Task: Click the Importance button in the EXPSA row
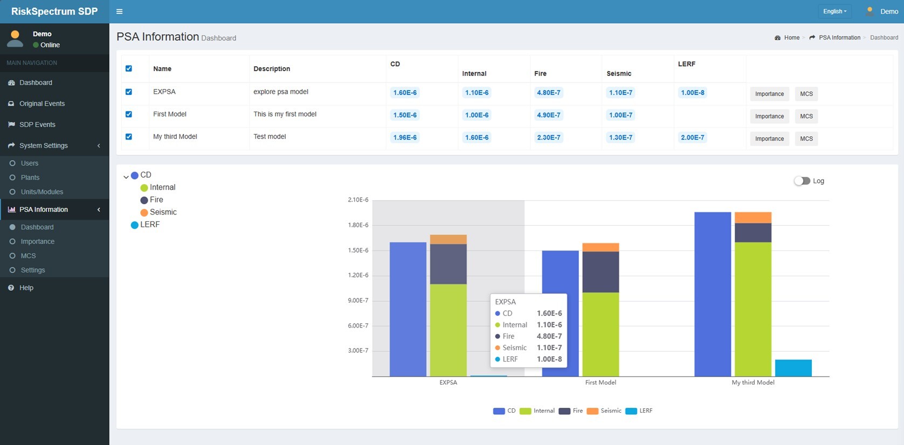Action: [x=769, y=94]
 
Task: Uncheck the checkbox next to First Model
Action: [x=129, y=114]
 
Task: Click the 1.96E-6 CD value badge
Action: [x=405, y=137]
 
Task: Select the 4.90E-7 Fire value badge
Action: [x=548, y=115]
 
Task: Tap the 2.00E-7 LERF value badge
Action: [x=692, y=137]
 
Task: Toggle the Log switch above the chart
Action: [x=802, y=181]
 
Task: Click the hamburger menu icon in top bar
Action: [x=120, y=11]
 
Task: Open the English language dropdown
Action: [x=834, y=11]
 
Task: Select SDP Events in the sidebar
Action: [x=37, y=124]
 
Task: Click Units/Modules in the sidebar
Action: [x=42, y=192]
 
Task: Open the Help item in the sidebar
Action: [x=26, y=288]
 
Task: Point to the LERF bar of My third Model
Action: [x=793, y=368]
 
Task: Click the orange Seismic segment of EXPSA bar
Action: [x=448, y=240]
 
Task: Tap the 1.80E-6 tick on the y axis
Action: [x=358, y=225]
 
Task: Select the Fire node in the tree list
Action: [x=156, y=200]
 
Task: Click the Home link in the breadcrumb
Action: [x=791, y=38]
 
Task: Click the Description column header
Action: [x=272, y=69]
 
